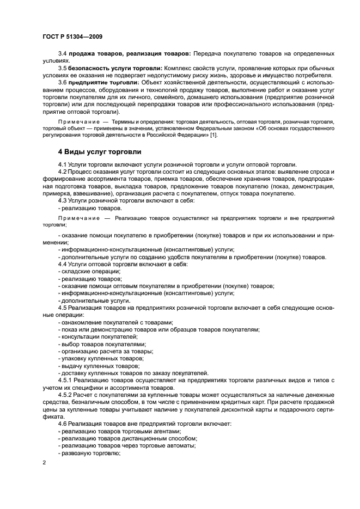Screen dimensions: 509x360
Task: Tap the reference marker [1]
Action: (x=213, y=135)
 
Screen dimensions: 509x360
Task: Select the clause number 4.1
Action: (x=63, y=164)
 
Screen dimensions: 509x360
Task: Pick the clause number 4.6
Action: (x=63, y=424)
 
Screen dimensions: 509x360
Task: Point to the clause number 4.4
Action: (x=63, y=264)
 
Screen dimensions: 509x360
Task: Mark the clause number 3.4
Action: (x=63, y=53)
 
